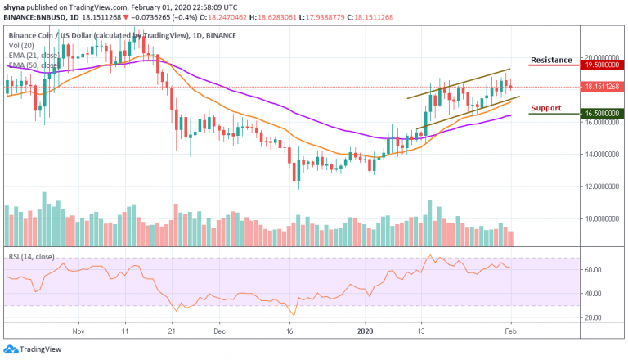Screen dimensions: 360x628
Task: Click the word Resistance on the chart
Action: [x=551, y=61]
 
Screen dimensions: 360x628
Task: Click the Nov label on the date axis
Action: [x=79, y=333]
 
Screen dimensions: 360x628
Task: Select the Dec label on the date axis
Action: [x=218, y=333]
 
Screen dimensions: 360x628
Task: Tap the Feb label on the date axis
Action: [x=510, y=333]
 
